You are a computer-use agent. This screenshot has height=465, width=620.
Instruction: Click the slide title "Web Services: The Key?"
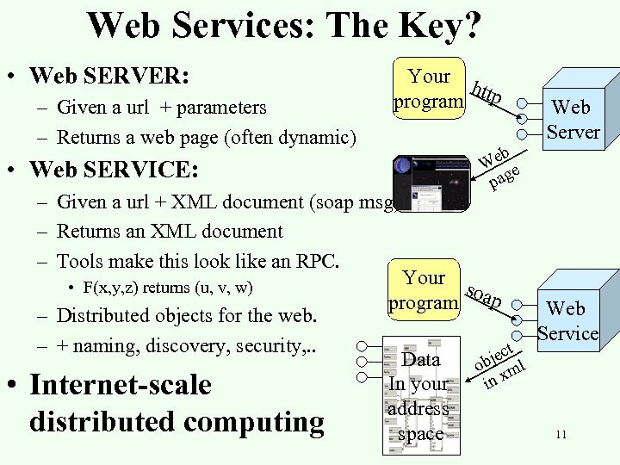(x=284, y=25)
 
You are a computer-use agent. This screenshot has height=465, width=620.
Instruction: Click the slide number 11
(x=561, y=435)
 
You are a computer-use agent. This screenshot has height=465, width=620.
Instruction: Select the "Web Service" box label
(x=567, y=320)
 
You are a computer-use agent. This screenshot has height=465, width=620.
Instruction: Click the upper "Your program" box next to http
(x=429, y=89)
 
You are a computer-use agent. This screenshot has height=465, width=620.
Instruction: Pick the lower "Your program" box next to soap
(x=424, y=290)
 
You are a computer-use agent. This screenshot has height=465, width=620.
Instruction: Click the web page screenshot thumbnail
(x=431, y=183)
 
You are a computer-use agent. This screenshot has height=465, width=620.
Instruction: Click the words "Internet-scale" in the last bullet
(x=121, y=384)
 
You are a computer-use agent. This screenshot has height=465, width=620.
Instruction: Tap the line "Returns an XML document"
(x=170, y=232)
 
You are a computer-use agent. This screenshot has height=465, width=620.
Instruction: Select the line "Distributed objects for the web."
(x=187, y=315)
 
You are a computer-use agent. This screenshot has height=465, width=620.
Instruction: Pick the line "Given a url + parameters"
(x=161, y=108)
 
